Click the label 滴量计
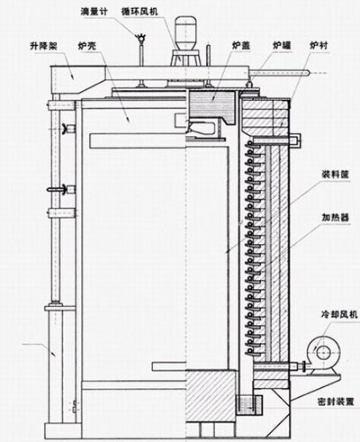click(94, 12)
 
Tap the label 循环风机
click(139, 12)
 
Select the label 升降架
click(43, 46)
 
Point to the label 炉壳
click(87, 46)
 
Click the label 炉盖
click(241, 46)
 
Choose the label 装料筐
click(336, 175)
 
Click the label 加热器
click(336, 218)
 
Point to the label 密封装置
click(336, 401)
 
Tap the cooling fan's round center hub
click(323, 350)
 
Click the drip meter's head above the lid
click(140, 37)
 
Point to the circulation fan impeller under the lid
click(202, 128)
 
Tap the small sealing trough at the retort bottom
click(249, 405)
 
